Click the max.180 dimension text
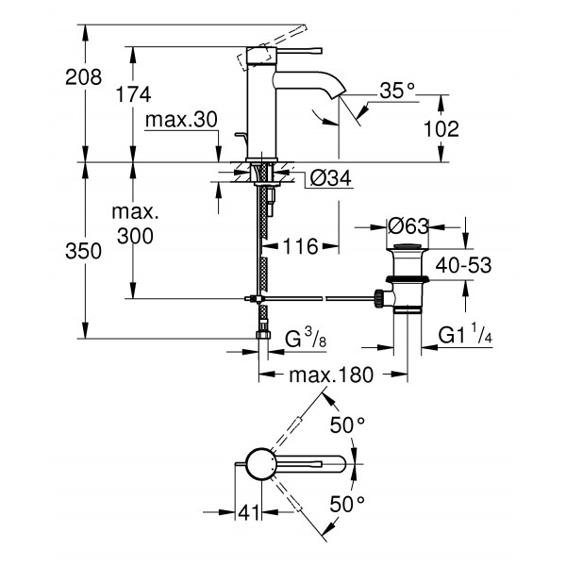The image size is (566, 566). (x=330, y=375)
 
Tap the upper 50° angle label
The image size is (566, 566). (x=346, y=425)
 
